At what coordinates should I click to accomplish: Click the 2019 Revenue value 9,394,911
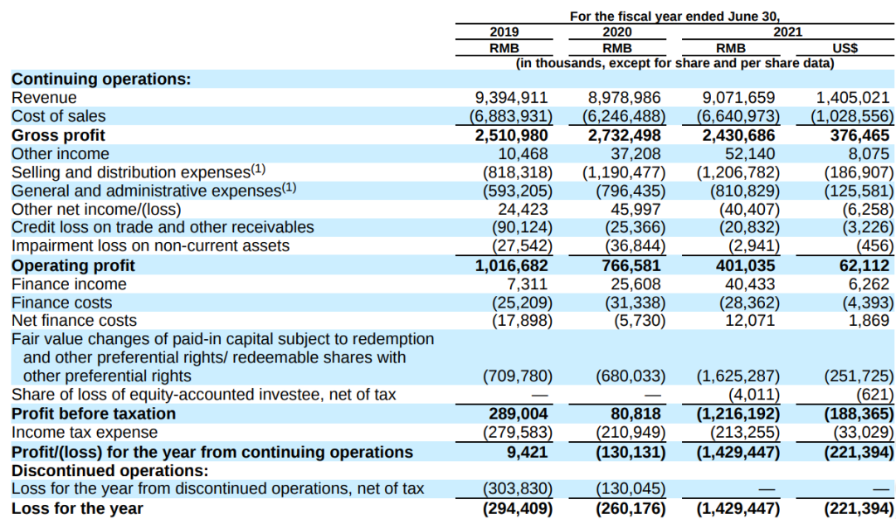[511, 98]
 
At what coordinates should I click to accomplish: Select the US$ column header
[845, 48]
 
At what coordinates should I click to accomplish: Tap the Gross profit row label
[58, 135]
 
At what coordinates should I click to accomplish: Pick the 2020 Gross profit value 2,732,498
[624, 135]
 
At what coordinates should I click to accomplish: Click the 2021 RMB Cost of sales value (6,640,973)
[738, 116]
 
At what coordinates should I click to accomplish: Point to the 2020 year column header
[617, 32]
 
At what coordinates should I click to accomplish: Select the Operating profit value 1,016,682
[511, 265]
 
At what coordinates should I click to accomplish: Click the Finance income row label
[69, 284]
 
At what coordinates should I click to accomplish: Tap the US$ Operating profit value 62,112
[860, 265]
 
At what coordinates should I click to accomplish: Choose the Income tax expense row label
[85, 432]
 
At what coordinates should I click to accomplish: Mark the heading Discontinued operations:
[110, 470]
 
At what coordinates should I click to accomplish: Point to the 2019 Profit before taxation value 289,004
[518, 414]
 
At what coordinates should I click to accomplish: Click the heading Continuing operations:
[101, 79]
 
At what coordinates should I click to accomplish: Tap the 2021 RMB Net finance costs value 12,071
[750, 320]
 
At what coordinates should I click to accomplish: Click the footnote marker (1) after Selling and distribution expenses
[258, 169]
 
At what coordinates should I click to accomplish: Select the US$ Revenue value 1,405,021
[853, 98]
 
